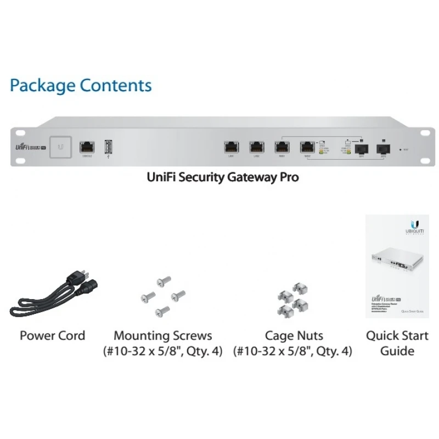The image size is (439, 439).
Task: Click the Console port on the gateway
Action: (x=87, y=147)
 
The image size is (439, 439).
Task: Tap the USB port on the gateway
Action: (x=108, y=147)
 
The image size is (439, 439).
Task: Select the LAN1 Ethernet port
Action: (x=232, y=147)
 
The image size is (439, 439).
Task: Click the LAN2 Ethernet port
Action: (x=256, y=147)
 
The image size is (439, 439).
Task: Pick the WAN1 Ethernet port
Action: (x=282, y=147)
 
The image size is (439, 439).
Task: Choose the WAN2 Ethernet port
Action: (x=307, y=147)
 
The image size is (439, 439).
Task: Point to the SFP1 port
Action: (x=362, y=148)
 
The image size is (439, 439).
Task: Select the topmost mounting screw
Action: (x=161, y=282)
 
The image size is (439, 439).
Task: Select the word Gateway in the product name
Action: (x=254, y=178)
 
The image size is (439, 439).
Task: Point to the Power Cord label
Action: (x=52, y=335)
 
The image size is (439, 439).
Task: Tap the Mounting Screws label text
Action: (x=162, y=335)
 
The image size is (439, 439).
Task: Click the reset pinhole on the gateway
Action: (x=400, y=149)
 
